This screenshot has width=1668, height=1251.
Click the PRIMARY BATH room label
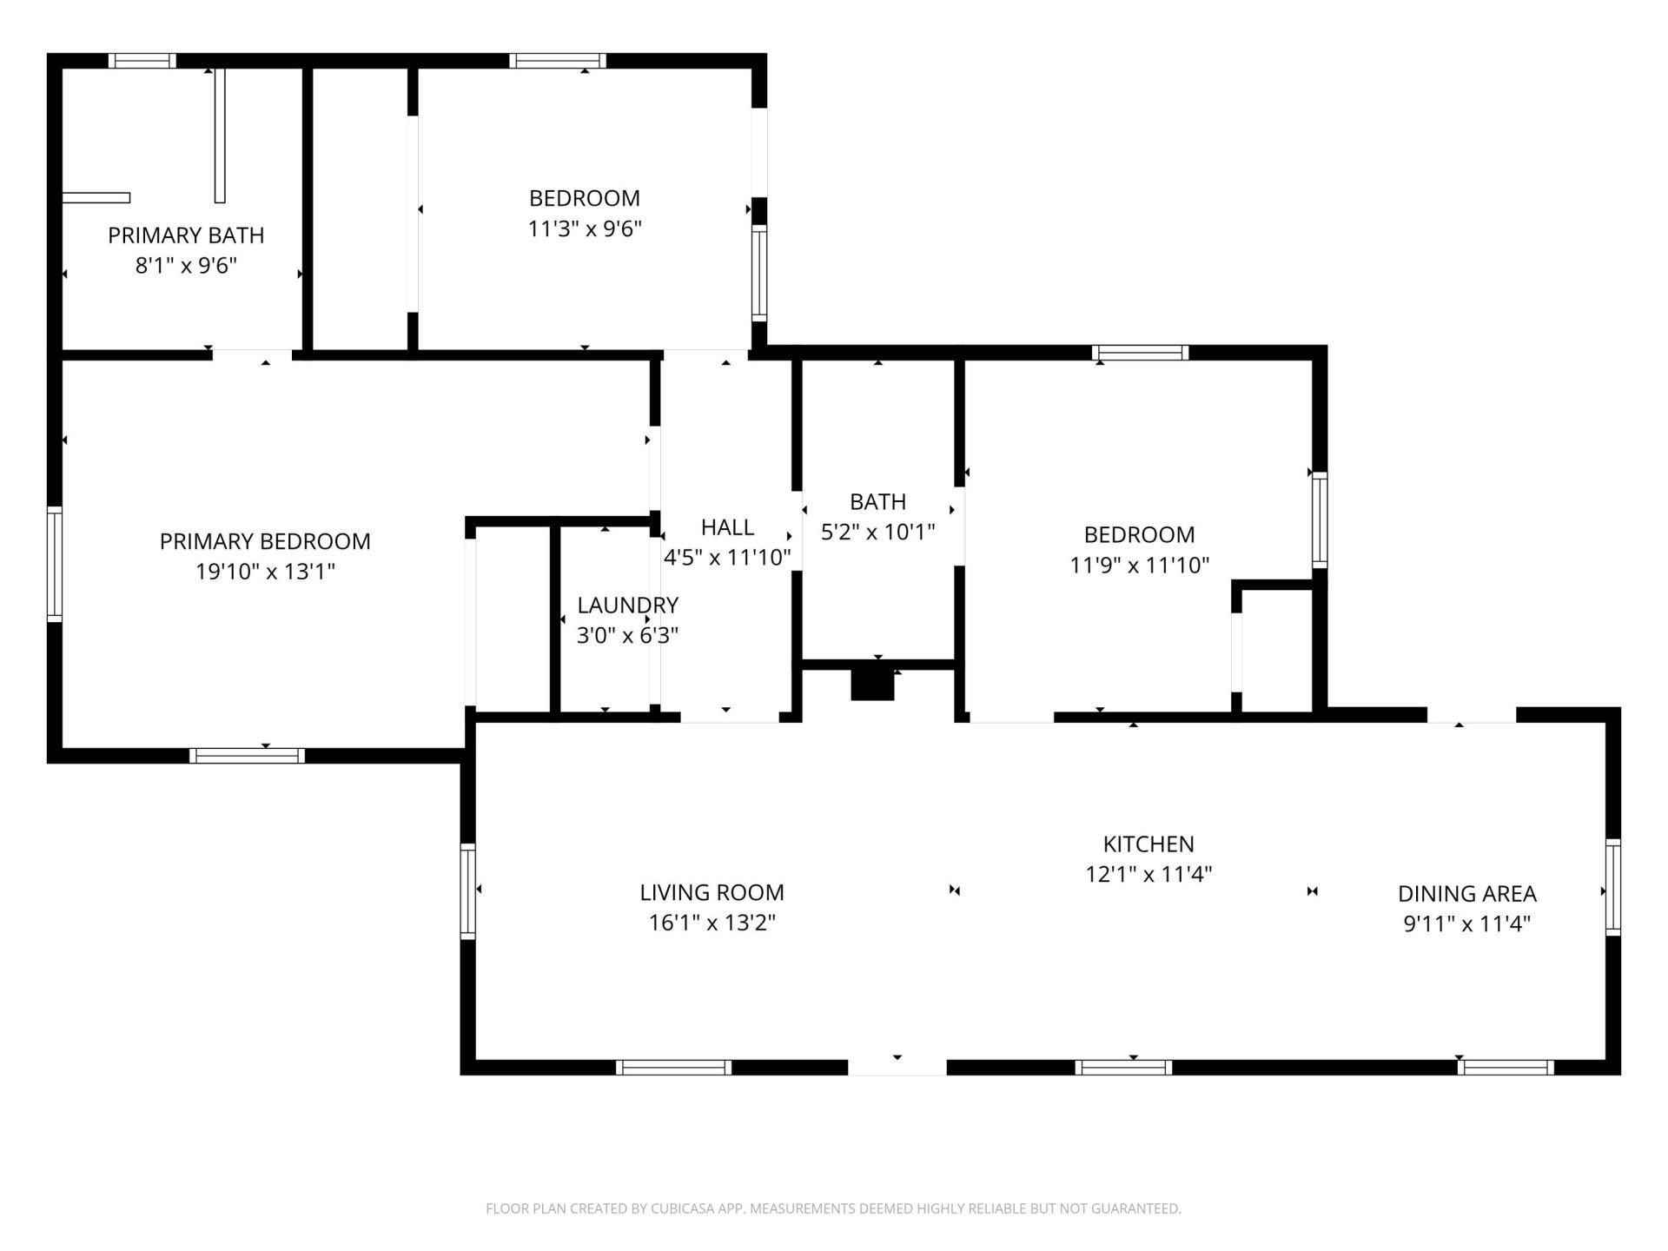[186, 235]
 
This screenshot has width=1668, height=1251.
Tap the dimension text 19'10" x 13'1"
[265, 572]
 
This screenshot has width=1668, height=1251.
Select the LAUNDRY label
[627, 605]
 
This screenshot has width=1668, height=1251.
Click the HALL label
[727, 527]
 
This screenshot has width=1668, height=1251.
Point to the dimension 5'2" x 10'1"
[877, 532]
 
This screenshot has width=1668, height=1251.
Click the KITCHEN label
[1148, 844]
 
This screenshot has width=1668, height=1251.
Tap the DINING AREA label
[1466, 893]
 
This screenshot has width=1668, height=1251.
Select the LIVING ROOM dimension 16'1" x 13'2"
[712, 923]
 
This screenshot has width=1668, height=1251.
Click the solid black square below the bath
[872, 683]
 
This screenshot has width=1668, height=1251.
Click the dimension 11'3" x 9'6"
[585, 229]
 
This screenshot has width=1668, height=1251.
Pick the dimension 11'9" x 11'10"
[1139, 566]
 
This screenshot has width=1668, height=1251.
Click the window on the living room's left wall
[467, 890]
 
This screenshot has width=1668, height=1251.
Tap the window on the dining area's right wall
[1612, 887]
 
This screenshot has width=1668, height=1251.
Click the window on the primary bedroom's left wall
[54, 564]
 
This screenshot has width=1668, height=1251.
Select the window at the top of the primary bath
[142, 61]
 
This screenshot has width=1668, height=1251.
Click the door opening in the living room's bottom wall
[897, 1067]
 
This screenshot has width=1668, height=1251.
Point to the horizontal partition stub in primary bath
[96, 198]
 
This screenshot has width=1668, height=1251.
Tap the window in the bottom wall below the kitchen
[1122, 1067]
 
